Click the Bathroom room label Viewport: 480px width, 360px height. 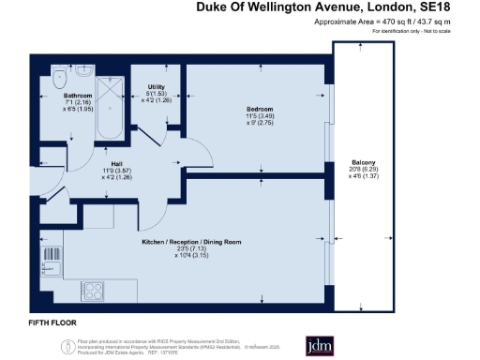point(78,96)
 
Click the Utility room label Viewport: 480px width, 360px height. point(157,86)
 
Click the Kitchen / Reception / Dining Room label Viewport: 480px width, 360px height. point(192,242)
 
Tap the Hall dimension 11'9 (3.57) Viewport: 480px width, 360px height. point(117,170)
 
